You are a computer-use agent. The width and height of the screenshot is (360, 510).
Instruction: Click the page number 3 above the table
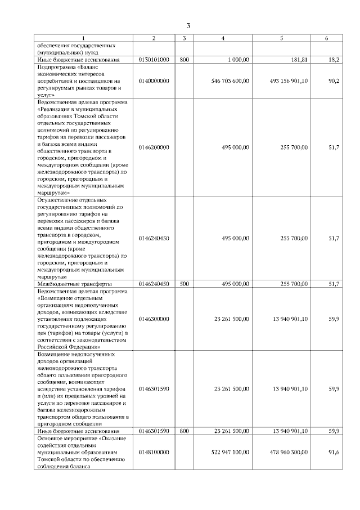coord(188,25)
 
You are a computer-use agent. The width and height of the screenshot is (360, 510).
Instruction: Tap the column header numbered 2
coord(154,38)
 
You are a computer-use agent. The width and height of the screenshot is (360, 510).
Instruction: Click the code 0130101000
coord(154,59)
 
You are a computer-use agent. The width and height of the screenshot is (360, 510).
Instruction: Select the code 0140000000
coord(154,81)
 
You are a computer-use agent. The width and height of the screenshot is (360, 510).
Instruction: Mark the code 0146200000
coord(154,147)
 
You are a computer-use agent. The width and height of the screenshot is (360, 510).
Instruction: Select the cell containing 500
coord(184,284)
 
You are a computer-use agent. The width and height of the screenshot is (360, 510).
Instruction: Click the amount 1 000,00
coord(238,59)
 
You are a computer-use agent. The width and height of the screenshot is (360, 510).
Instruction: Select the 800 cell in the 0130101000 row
coord(184,59)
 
